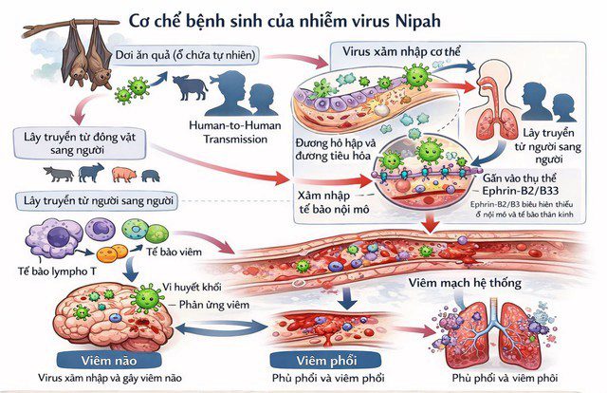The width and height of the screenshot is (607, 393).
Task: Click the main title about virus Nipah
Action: pos(303,20)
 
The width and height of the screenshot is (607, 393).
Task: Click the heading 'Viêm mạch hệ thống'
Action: pos(469,282)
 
